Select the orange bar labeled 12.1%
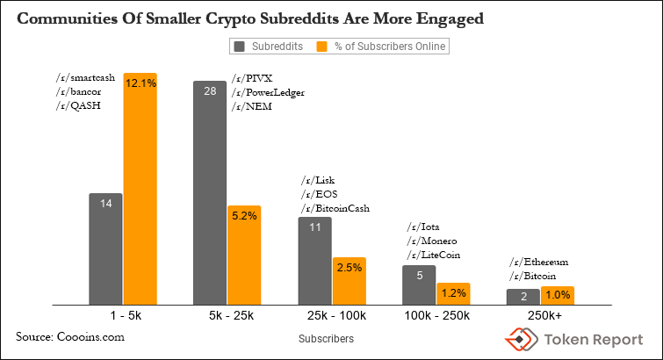click(140, 189)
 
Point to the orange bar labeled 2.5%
click(349, 281)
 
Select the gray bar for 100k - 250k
click(419, 284)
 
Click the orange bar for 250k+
click(558, 296)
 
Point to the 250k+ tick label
click(541, 314)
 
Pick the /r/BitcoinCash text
click(335, 208)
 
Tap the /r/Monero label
click(431, 241)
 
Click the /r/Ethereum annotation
click(539, 263)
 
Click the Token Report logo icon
click(518, 338)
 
